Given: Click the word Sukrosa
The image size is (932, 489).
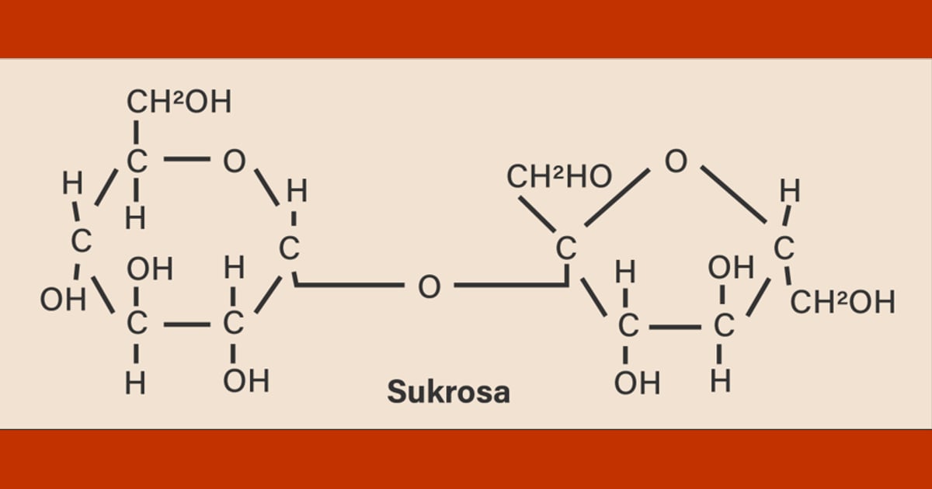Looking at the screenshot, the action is coord(449,392).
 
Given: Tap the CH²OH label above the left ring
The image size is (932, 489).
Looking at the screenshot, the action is coord(179,102).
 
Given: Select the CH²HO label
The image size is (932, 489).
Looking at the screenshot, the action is coord(559,176).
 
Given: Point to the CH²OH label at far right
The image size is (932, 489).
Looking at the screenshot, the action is coord(843,302).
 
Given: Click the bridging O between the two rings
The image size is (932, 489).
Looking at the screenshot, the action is coord(429,286).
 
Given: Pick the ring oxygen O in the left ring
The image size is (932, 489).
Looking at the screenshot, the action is coord(235,161).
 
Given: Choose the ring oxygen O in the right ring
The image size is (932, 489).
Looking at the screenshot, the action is coord(676,161).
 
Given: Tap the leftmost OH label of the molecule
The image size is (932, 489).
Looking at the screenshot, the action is coord(63,300).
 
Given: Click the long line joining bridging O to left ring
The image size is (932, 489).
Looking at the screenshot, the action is coord(349,285).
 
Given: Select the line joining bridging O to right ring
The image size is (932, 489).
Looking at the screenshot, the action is coord(511,285).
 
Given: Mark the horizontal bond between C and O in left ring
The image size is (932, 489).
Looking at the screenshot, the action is coord(187,159).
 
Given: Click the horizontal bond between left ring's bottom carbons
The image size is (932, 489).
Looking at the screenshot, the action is coord(187,324).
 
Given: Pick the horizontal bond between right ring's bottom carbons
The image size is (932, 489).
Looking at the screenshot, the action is coord(675,328).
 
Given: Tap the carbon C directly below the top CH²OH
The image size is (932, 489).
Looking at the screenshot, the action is coord(137,161).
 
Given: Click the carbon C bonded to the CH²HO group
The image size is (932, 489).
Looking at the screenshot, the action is coord(566,248).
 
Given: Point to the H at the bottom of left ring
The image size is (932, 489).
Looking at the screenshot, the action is coord(136,383).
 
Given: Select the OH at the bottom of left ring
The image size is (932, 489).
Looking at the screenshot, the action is coord(246,381).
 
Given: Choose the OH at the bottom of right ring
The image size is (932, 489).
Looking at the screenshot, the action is coord(637,383).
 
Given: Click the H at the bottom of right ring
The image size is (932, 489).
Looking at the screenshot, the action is coord(720,381).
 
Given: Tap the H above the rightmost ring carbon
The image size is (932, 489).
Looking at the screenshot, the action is coord(790,191).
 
